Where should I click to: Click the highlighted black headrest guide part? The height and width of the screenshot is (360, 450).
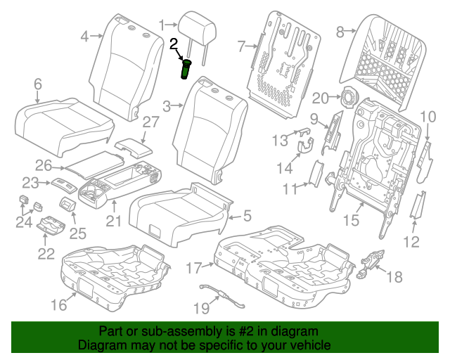tap(188, 70)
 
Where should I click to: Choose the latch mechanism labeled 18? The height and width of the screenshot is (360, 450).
tap(371, 262)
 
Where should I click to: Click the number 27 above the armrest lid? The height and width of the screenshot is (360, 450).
tap(151, 122)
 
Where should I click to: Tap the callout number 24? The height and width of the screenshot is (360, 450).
tap(25, 224)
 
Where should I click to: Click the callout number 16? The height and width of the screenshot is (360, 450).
tap(58, 304)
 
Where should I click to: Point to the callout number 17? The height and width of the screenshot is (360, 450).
tap(194, 267)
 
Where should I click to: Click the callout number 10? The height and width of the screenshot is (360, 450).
tap(428, 116)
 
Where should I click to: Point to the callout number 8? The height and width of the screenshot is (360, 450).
tap(342, 31)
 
